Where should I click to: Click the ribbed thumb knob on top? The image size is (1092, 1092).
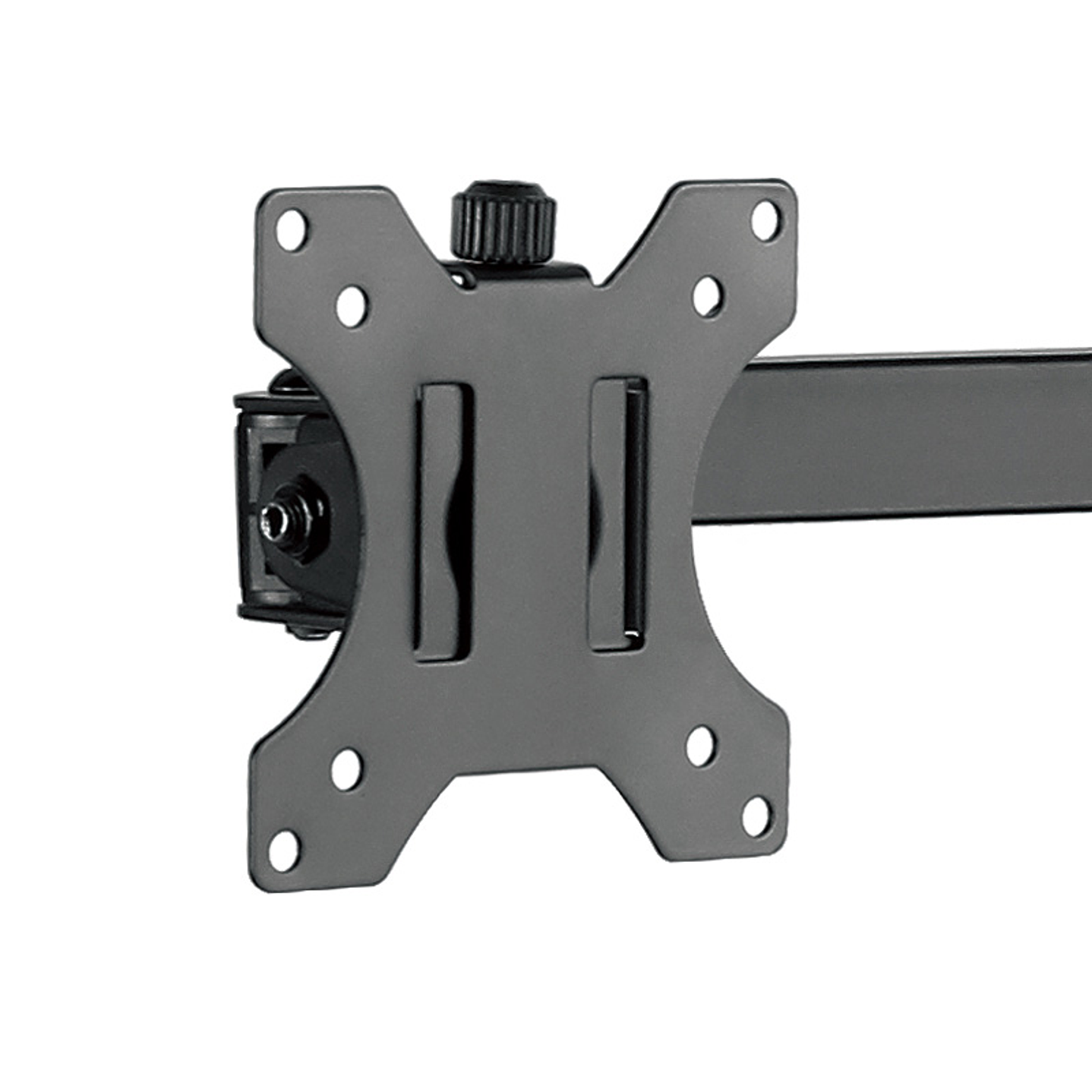(x=503, y=221)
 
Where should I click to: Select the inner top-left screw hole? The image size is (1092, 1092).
(x=351, y=305)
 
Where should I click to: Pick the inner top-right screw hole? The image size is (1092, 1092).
(x=707, y=295)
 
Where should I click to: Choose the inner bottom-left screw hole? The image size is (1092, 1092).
(x=346, y=769)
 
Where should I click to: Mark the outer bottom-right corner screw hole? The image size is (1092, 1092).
(x=756, y=816)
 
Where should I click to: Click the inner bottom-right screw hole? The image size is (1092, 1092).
(x=700, y=746)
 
